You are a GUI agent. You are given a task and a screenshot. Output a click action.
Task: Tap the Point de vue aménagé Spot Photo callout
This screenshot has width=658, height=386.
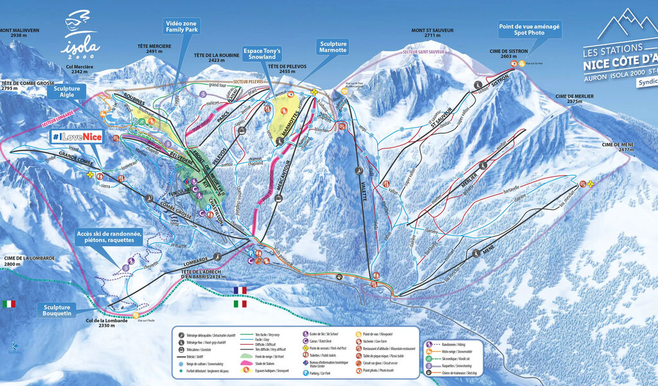pos(529,30)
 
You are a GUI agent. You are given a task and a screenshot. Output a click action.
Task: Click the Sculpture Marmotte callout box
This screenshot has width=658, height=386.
pos(332,48)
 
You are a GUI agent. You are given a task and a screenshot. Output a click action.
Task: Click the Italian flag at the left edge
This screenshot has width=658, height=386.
pos(9,304)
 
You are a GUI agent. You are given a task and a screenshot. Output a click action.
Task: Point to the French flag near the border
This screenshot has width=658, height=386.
pos(240,290)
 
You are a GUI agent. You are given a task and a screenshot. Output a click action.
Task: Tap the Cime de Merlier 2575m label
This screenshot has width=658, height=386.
pos(574,98)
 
